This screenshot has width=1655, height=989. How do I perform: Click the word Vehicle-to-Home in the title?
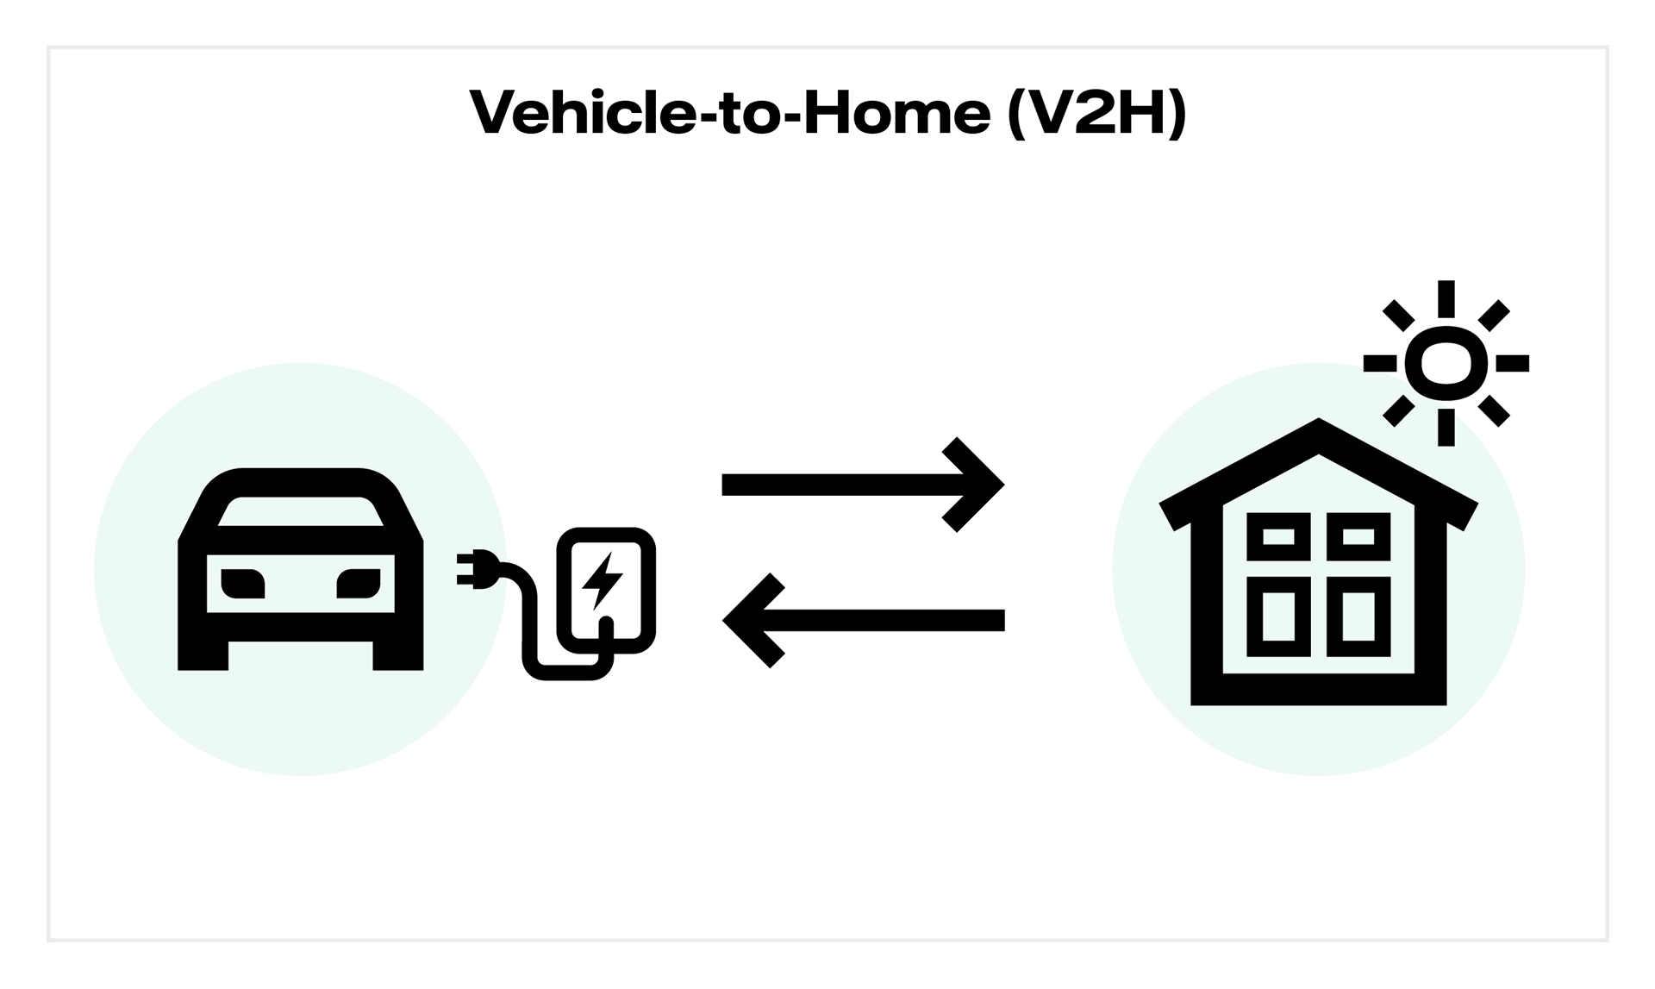click(729, 113)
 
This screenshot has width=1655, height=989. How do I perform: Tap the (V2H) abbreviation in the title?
click(1096, 113)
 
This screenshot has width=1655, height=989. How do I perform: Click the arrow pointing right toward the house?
click(862, 485)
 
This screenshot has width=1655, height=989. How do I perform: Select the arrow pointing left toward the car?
click(862, 620)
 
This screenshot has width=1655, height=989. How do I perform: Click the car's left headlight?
click(243, 584)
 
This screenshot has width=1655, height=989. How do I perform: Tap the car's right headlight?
click(358, 584)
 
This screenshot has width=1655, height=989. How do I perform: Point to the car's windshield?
click(300, 511)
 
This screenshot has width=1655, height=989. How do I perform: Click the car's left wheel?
click(203, 654)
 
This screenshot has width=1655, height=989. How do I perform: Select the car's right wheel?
click(397, 654)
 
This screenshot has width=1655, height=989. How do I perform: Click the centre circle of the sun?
click(1446, 363)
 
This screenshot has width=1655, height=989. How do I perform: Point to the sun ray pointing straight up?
click(1446, 298)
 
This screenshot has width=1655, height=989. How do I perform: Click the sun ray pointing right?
click(1512, 363)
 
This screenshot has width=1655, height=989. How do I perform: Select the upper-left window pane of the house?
click(1278, 537)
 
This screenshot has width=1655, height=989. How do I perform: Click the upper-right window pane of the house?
click(1358, 537)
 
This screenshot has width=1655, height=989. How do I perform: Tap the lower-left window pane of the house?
click(1278, 617)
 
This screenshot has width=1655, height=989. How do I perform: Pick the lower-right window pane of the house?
click(1358, 617)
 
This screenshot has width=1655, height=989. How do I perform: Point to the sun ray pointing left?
click(1379, 363)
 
